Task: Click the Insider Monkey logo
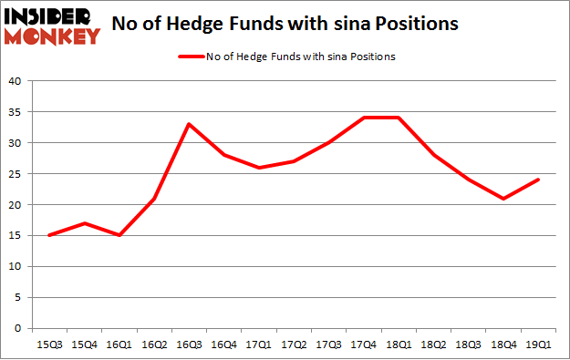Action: point(51,26)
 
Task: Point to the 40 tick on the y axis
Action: point(16,81)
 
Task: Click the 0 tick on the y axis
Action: point(19,328)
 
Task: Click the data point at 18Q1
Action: point(399,118)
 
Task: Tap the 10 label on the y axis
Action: point(16,266)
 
